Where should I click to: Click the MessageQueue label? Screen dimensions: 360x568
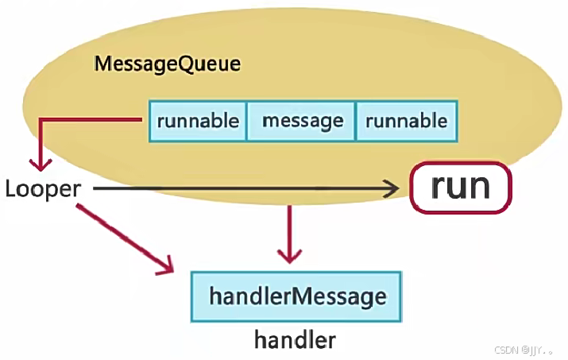167,64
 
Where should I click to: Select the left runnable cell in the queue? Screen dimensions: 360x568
198,121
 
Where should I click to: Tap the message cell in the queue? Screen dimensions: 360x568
302,121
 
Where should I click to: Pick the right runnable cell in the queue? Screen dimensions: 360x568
406,121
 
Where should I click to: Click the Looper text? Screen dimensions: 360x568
43,188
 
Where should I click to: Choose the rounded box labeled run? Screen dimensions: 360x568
461,188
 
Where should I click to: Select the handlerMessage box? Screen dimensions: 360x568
297,296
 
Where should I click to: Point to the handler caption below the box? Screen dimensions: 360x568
295,340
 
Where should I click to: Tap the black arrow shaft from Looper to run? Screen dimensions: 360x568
238,188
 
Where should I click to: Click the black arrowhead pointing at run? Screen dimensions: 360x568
392,188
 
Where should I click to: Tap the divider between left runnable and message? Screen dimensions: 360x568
246,121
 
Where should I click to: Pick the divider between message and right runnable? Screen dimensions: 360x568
355,121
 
